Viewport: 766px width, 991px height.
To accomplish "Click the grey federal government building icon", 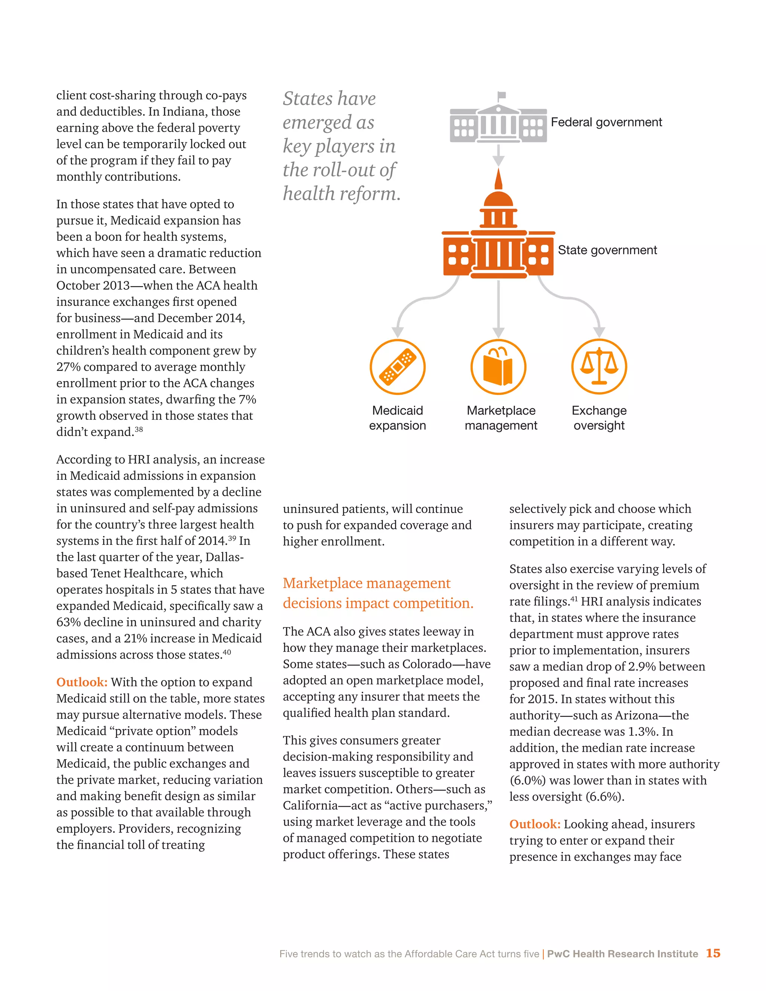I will click(x=498, y=123).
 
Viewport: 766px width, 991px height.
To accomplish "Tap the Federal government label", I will click(x=606, y=122).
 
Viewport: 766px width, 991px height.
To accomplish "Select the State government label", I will click(x=607, y=250).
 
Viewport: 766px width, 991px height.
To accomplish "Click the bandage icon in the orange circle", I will click(x=397, y=366).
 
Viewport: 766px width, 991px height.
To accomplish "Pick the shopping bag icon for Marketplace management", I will click(x=498, y=366).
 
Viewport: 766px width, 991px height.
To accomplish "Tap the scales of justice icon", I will click(x=599, y=366).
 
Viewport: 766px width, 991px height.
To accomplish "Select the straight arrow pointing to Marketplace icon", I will click(x=498, y=309).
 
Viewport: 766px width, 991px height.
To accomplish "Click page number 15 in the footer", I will click(x=713, y=953).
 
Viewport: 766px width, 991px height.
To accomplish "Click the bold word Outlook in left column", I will click(x=82, y=682).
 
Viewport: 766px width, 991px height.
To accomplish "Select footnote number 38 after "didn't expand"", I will click(x=139, y=429).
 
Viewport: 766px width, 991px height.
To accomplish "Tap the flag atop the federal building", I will click(x=502, y=95).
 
